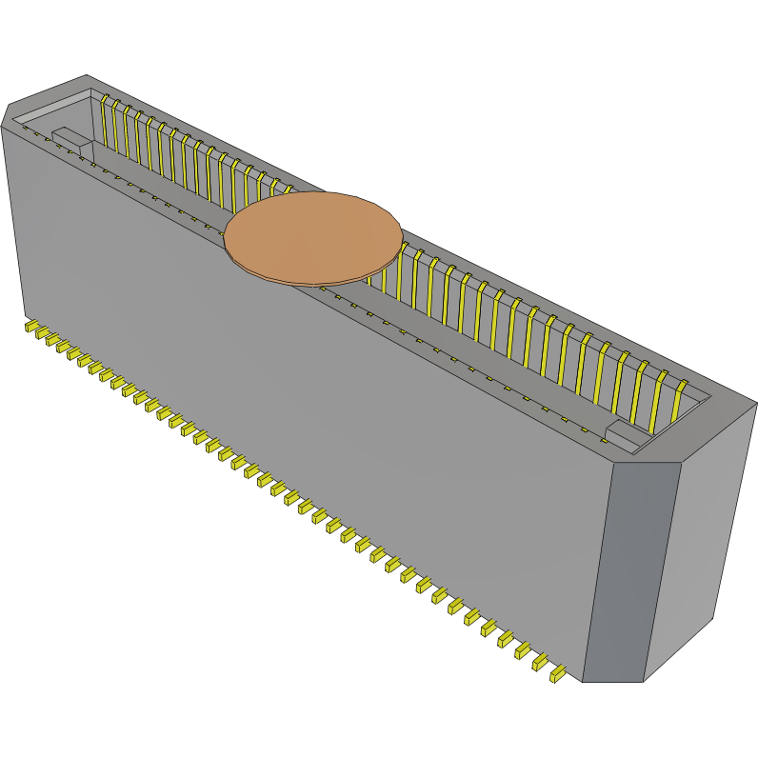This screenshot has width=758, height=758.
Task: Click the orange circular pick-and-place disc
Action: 312,237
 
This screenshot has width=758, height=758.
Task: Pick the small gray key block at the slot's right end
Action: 625,435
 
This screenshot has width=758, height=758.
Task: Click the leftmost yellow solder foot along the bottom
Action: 31,328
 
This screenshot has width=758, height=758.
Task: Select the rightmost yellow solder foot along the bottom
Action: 558,674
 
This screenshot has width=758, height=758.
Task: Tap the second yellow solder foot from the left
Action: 43,334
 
